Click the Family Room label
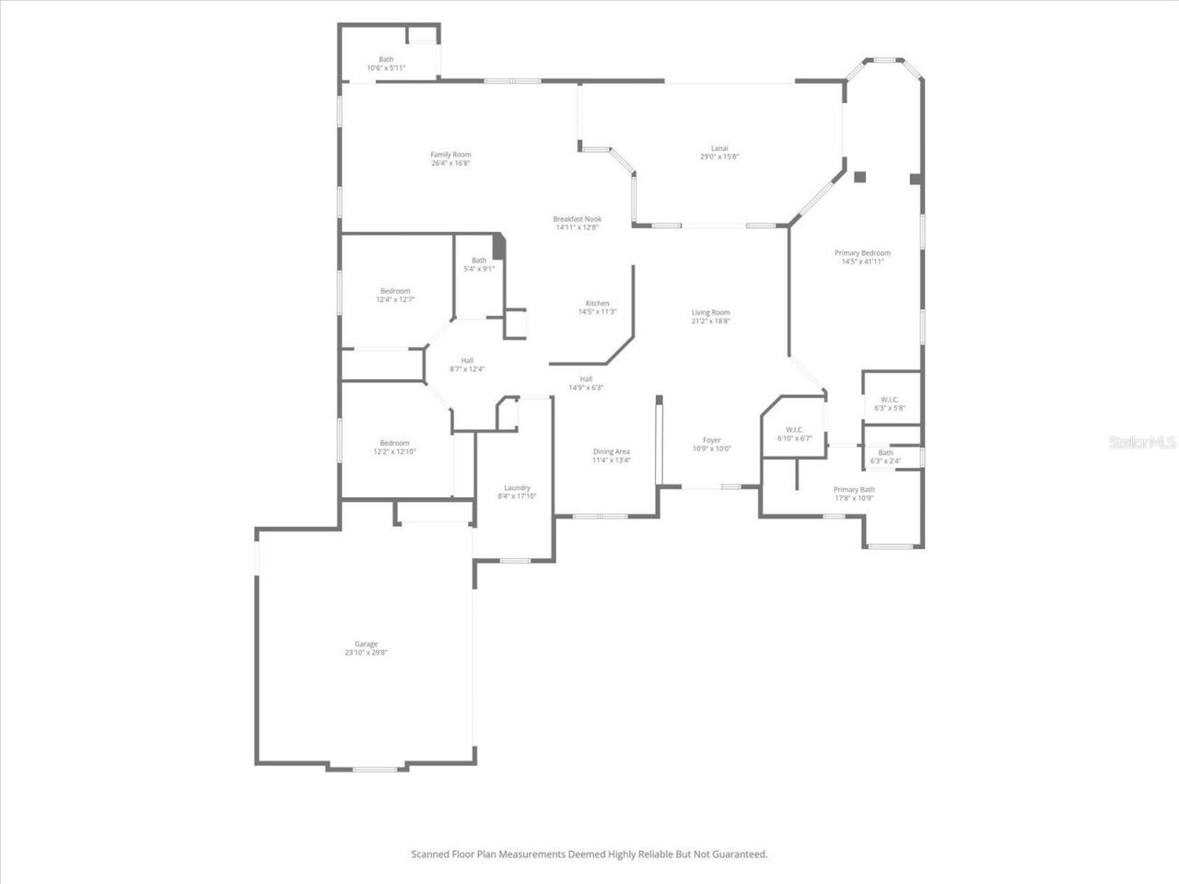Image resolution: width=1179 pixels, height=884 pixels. point(450,155)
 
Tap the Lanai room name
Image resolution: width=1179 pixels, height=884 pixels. point(719,148)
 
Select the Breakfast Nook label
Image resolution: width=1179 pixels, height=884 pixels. point(577,219)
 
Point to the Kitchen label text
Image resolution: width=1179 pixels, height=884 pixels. point(597,304)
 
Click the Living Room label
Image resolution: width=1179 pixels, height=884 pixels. point(710,313)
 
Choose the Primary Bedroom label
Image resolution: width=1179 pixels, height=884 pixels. point(862,253)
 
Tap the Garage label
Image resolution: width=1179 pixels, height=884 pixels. point(366,645)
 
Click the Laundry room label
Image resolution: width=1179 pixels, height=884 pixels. point(517,488)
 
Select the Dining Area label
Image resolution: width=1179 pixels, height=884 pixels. point(611,452)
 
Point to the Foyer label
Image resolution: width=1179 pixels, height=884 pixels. point(711,440)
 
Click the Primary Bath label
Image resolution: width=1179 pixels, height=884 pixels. point(854,490)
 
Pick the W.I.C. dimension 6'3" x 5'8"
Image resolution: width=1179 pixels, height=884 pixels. point(890,408)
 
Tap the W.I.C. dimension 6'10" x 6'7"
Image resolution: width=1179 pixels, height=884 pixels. point(794,438)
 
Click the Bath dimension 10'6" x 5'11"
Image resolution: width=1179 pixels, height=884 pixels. point(386,68)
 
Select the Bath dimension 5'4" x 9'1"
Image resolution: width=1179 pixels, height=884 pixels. point(479,269)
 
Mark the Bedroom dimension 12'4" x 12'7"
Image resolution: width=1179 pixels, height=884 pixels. point(395,299)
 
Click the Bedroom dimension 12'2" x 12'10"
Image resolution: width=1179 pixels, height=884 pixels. point(394,452)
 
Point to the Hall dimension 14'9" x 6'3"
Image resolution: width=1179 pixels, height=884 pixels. point(586,388)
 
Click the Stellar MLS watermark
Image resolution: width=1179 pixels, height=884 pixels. point(1142,443)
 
